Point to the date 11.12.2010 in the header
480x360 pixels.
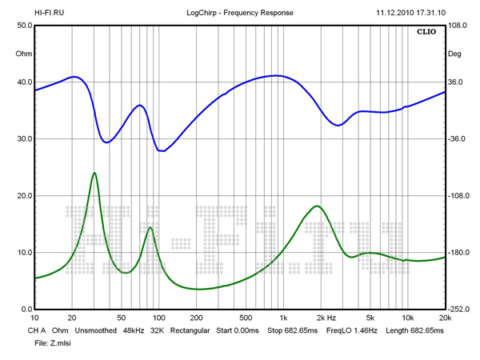(x=395, y=13)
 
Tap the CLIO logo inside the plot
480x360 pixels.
(x=427, y=33)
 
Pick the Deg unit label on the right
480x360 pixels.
(x=454, y=54)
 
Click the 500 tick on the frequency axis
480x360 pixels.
(x=246, y=319)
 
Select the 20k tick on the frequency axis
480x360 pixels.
(x=444, y=319)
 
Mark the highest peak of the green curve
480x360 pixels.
(x=94, y=173)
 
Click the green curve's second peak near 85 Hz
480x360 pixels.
(x=150, y=227)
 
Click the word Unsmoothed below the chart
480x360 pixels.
(x=97, y=330)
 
